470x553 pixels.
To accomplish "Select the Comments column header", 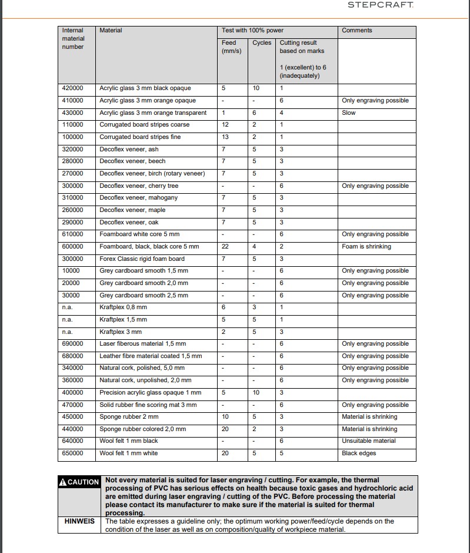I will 357,31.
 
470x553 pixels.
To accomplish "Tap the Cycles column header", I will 262,43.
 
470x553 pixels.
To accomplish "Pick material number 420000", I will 73,88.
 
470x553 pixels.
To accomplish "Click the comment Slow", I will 349,112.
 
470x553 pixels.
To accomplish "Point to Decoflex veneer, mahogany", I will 138,198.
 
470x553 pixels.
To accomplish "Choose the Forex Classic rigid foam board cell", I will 142,259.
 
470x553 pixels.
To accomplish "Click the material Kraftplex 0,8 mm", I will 124,307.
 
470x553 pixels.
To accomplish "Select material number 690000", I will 73,344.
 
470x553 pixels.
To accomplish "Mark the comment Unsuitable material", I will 369,441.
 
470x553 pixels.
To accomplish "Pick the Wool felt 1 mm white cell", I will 129,453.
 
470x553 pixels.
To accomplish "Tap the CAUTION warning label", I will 79,482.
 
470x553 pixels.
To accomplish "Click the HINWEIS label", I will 79,521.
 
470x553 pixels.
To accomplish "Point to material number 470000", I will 73,405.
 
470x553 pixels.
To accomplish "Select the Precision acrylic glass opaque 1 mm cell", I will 150,393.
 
